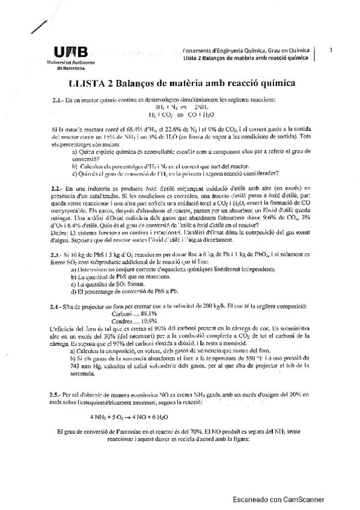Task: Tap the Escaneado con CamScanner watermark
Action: [279, 499]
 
